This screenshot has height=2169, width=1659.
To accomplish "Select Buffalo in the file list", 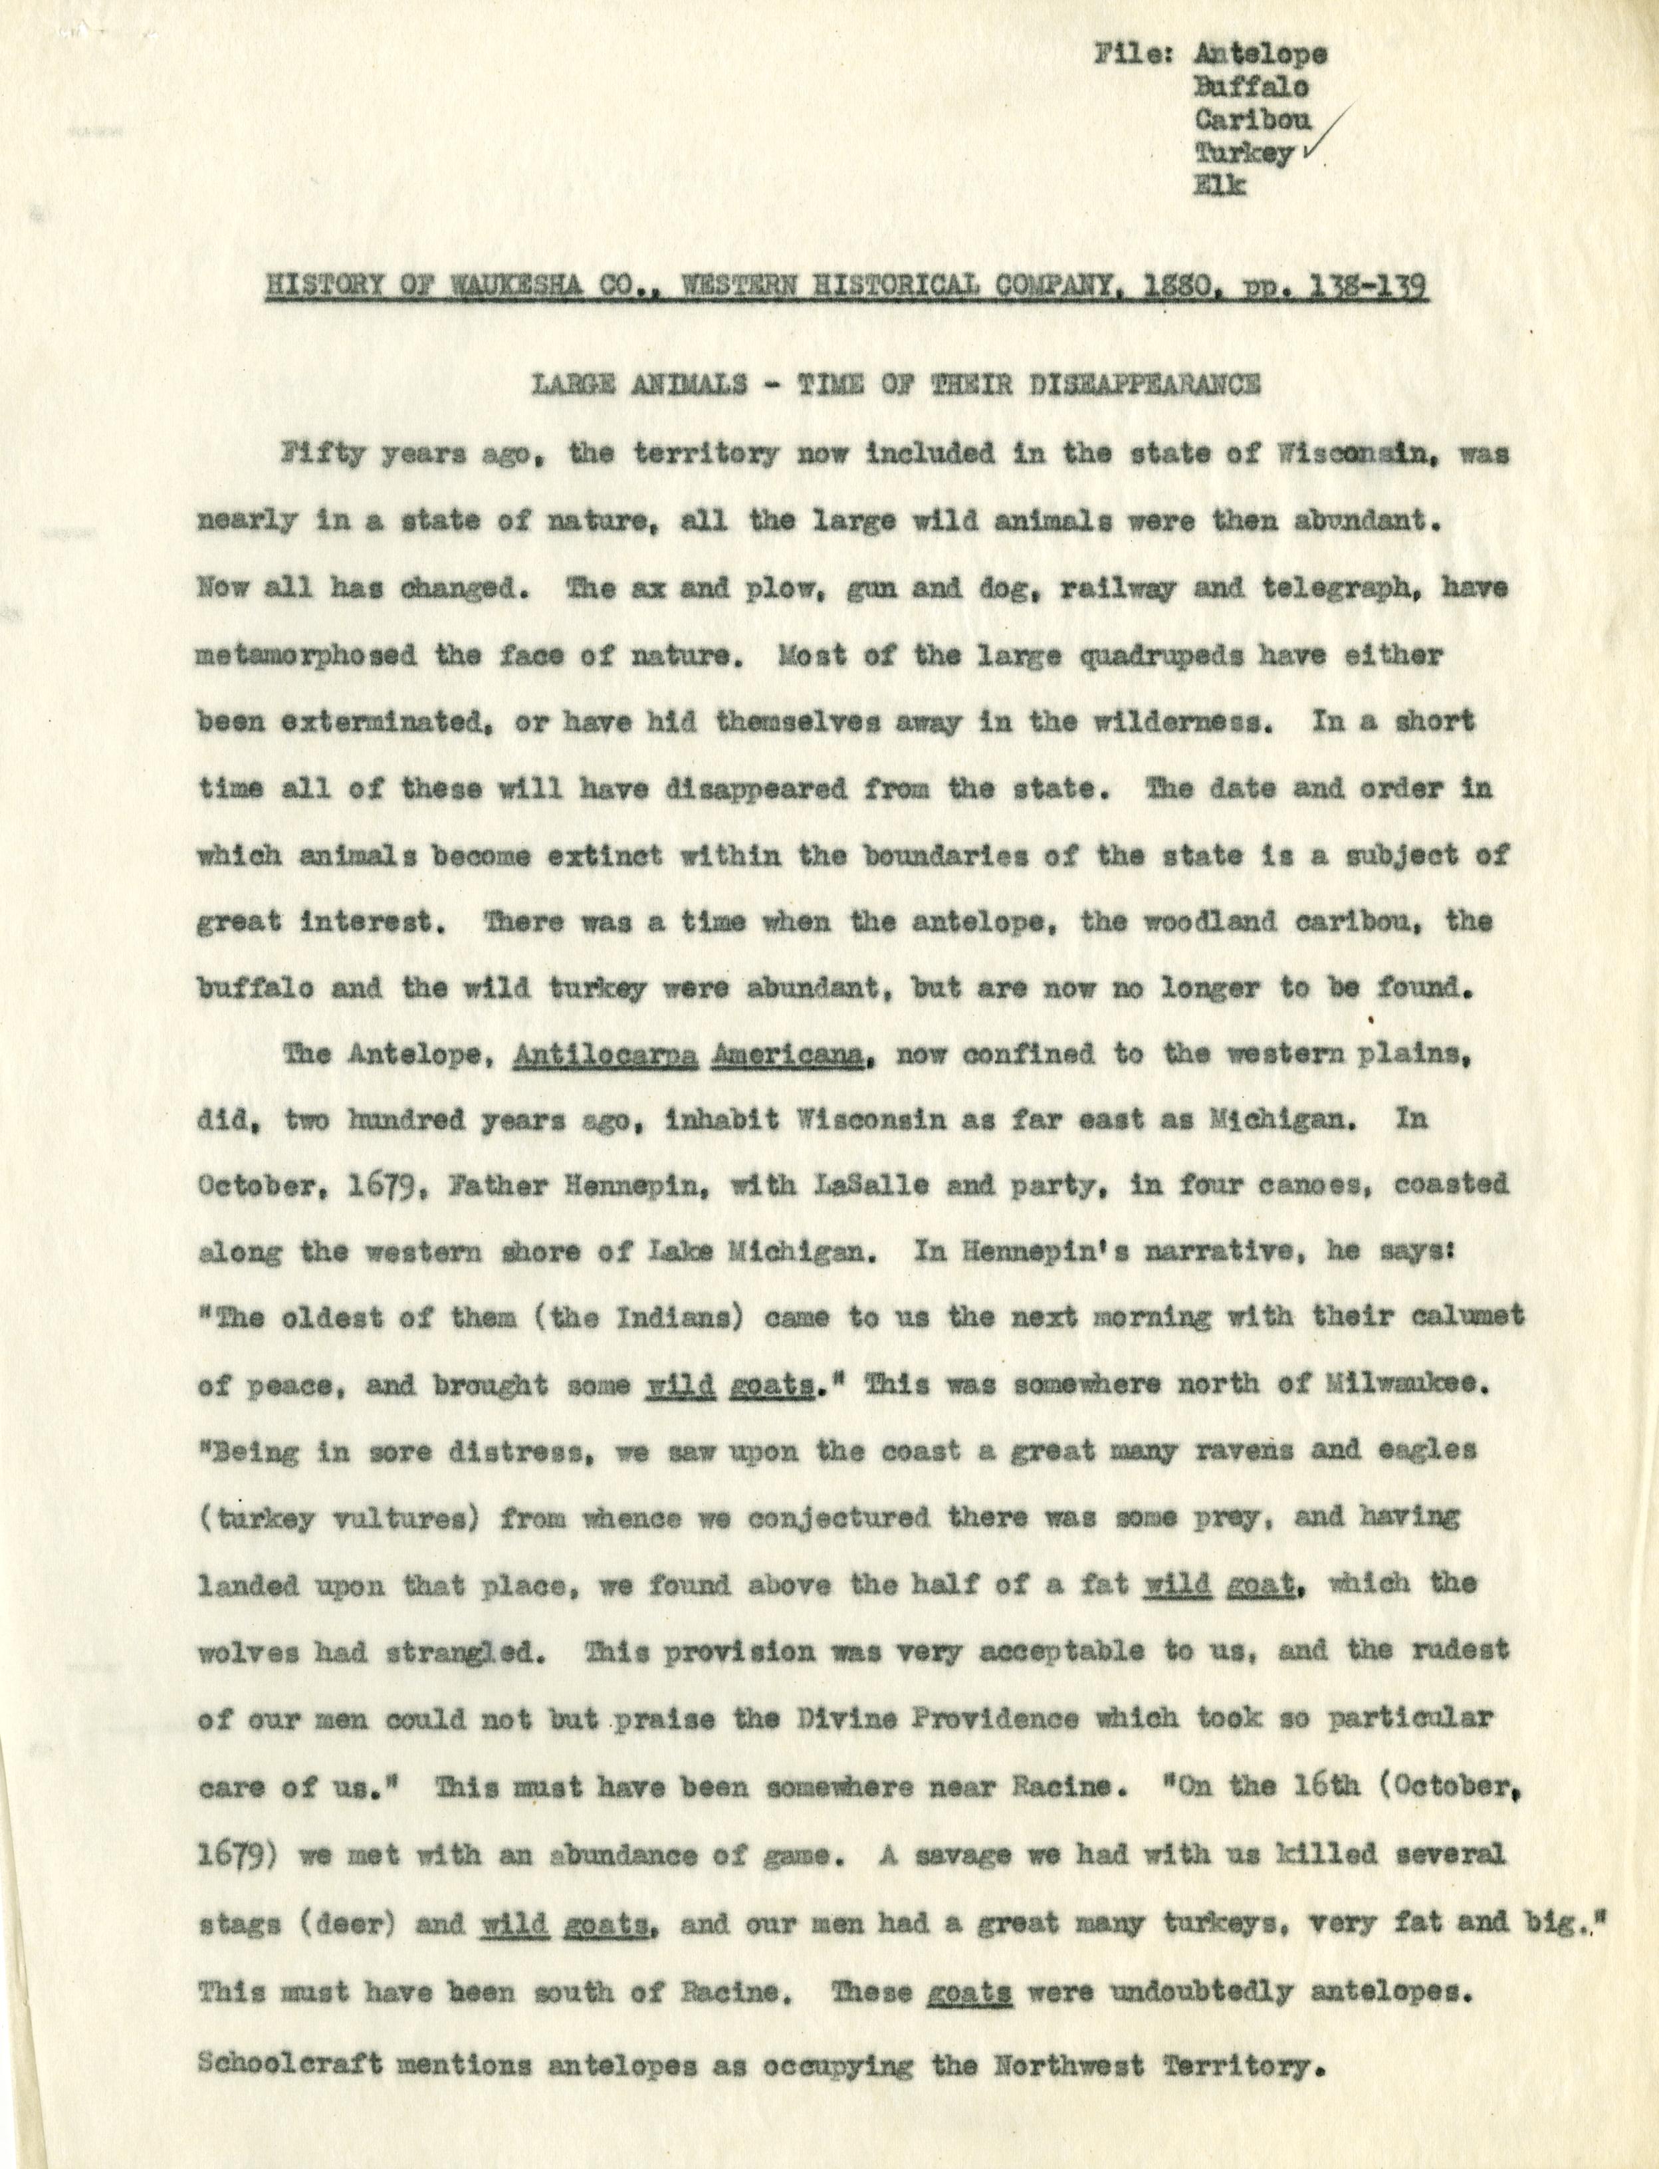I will (1252, 87).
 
